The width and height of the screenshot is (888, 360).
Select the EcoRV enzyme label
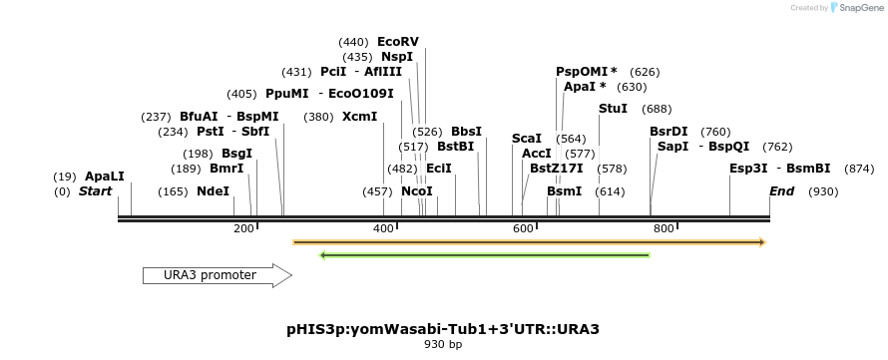(397, 42)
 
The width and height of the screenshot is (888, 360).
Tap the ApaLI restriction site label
(105, 177)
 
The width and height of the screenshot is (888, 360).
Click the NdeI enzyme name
(213, 191)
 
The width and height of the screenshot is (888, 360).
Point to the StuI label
(613, 108)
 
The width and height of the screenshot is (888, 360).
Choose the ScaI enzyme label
(526, 139)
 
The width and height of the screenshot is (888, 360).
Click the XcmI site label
(359, 117)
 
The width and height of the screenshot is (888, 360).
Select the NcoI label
(417, 191)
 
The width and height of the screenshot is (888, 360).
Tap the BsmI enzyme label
(564, 191)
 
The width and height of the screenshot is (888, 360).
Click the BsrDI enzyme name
(668, 132)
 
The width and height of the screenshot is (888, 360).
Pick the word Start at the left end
(95, 191)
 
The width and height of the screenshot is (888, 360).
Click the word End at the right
(782, 191)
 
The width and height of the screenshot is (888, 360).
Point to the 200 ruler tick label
(243, 228)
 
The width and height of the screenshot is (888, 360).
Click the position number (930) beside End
(823, 191)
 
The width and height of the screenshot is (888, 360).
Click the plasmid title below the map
(442, 328)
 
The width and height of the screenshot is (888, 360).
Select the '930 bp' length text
(442, 345)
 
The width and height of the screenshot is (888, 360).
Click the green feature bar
(484, 255)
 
